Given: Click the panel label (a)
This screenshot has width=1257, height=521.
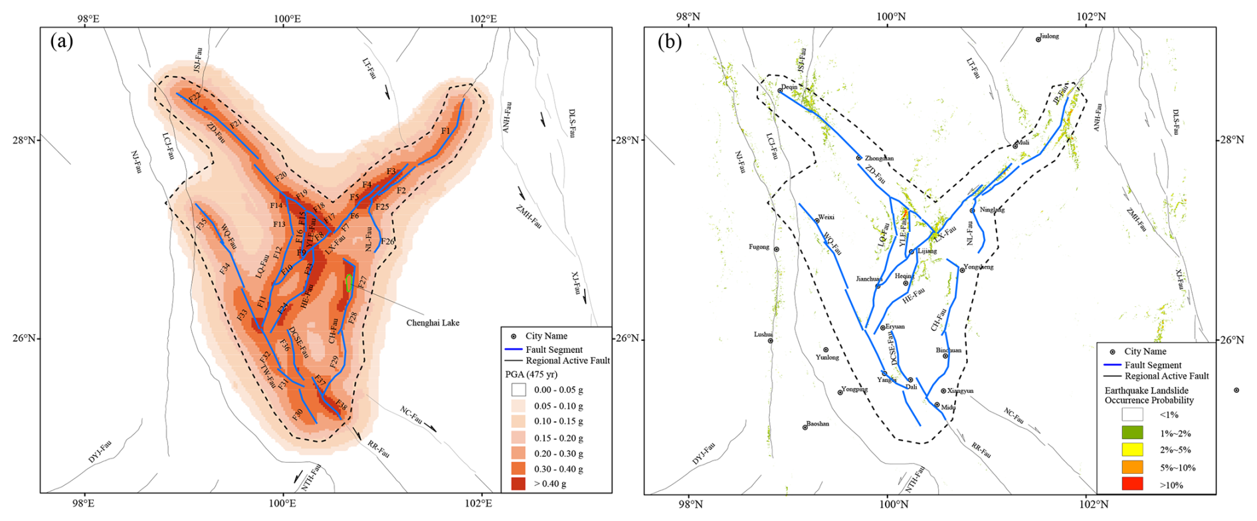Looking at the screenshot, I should pos(61,42).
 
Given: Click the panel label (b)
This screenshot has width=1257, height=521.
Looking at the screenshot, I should pos(669,42).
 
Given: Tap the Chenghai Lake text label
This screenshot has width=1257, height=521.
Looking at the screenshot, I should pos(433,323).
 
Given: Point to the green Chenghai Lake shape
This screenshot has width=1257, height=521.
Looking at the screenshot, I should pos(349,282).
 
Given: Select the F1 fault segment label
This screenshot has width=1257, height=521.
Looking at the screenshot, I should pos(446,131).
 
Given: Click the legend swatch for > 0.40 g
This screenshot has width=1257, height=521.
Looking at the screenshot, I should pos(518,484).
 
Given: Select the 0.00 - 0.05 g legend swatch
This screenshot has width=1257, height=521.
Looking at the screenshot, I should pos(518,390).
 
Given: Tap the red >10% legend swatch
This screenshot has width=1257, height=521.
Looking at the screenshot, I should pos(1133,484).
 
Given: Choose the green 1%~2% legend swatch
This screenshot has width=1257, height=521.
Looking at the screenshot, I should pos(1133,433).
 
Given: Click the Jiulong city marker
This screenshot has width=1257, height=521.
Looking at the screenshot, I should pos(1038,40).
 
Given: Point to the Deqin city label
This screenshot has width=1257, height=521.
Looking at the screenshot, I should pos(789,87).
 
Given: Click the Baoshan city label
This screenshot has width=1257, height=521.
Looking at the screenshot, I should pos(817,424).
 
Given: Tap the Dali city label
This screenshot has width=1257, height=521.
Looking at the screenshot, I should pos(911,387).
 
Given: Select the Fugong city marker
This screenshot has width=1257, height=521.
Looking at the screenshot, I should pos(776,249).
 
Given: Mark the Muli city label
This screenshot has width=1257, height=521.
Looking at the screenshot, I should pos(1023,143).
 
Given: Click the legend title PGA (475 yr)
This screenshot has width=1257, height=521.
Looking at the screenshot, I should pos(531,374).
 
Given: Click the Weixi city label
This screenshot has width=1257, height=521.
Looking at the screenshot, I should pos(826,217).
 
